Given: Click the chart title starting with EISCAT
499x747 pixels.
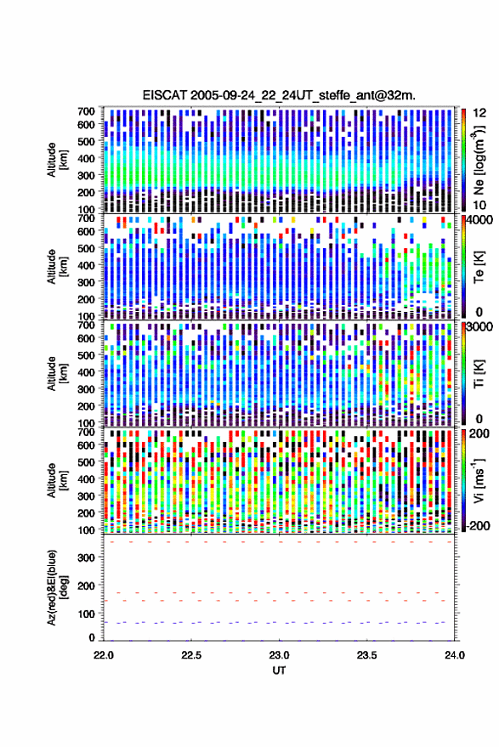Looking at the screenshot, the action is pyautogui.click(x=279, y=95).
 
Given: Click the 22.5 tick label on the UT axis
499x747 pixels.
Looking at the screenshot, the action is pyautogui.click(x=190, y=655).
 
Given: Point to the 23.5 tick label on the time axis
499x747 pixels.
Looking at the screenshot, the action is pyautogui.click(x=366, y=655).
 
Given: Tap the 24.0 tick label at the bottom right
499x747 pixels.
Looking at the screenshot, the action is pyautogui.click(x=454, y=655).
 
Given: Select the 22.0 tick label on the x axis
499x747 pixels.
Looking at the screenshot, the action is pyautogui.click(x=104, y=655).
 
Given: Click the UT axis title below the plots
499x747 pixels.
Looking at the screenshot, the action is pyautogui.click(x=279, y=671).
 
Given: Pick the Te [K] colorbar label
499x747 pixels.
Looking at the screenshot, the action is pyautogui.click(x=479, y=267).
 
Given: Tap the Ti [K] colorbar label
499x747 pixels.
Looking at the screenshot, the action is pyautogui.click(x=479, y=374).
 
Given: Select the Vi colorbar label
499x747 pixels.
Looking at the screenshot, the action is pyautogui.click(x=479, y=480).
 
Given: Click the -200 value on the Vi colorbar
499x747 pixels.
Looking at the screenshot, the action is pyautogui.click(x=479, y=526).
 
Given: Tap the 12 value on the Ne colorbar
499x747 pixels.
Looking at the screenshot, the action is pyautogui.click(x=479, y=113).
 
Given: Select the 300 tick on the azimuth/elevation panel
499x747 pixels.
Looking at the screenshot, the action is pyautogui.click(x=86, y=557).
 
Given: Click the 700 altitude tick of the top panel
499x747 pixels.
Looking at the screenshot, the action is pyautogui.click(x=86, y=111).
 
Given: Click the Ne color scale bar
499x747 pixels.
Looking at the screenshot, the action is pyautogui.click(x=464, y=160).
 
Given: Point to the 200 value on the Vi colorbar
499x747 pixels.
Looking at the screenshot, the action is pyautogui.click(x=479, y=433).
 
